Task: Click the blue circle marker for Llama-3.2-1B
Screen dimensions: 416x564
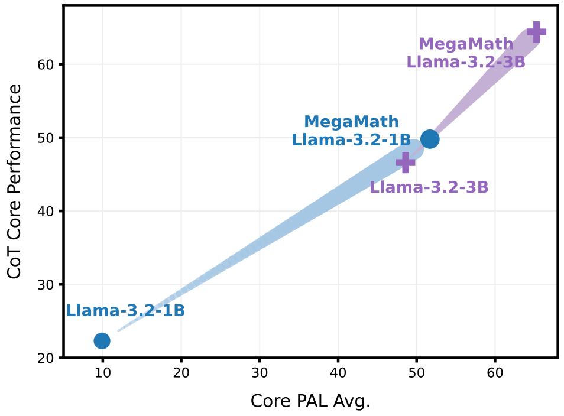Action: (x=102, y=340)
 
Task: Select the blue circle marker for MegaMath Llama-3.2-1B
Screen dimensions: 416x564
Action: (x=430, y=139)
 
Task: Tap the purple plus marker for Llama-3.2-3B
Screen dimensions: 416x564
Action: (x=406, y=162)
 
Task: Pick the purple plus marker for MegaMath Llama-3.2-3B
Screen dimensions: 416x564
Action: (x=536, y=32)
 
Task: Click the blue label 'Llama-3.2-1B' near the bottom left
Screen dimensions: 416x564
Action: (x=125, y=311)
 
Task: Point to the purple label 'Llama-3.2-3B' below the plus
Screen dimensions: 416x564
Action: (x=429, y=187)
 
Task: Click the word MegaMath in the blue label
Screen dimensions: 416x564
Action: (x=351, y=122)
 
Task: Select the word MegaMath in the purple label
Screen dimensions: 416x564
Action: (x=466, y=44)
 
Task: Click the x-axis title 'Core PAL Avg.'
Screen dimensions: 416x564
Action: (x=310, y=401)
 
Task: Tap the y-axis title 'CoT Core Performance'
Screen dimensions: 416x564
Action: (x=15, y=181)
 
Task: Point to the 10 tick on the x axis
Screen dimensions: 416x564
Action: (x=103, y=373)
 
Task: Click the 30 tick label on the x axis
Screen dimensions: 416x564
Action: (x=260, y=373)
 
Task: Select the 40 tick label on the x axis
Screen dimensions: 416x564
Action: (x=338, y=373)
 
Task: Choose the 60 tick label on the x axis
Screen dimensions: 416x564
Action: (x=495, y=373)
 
